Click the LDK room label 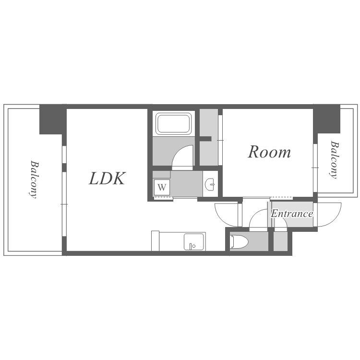click(107, 179)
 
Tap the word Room click(269, 152)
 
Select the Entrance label click(292, 214)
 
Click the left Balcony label click(34, 180)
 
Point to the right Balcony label click(334, 159)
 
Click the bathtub click(174, 123)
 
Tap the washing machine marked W click(162, 187)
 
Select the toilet click(239, 241)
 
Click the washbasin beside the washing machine click(210, 184)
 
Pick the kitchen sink click(193, 242)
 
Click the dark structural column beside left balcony click(53, 120)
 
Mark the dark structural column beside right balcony click(326, 119)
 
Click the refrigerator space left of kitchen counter click(155, 241)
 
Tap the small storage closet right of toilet click(280, 241)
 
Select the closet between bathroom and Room click(208, 137)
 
